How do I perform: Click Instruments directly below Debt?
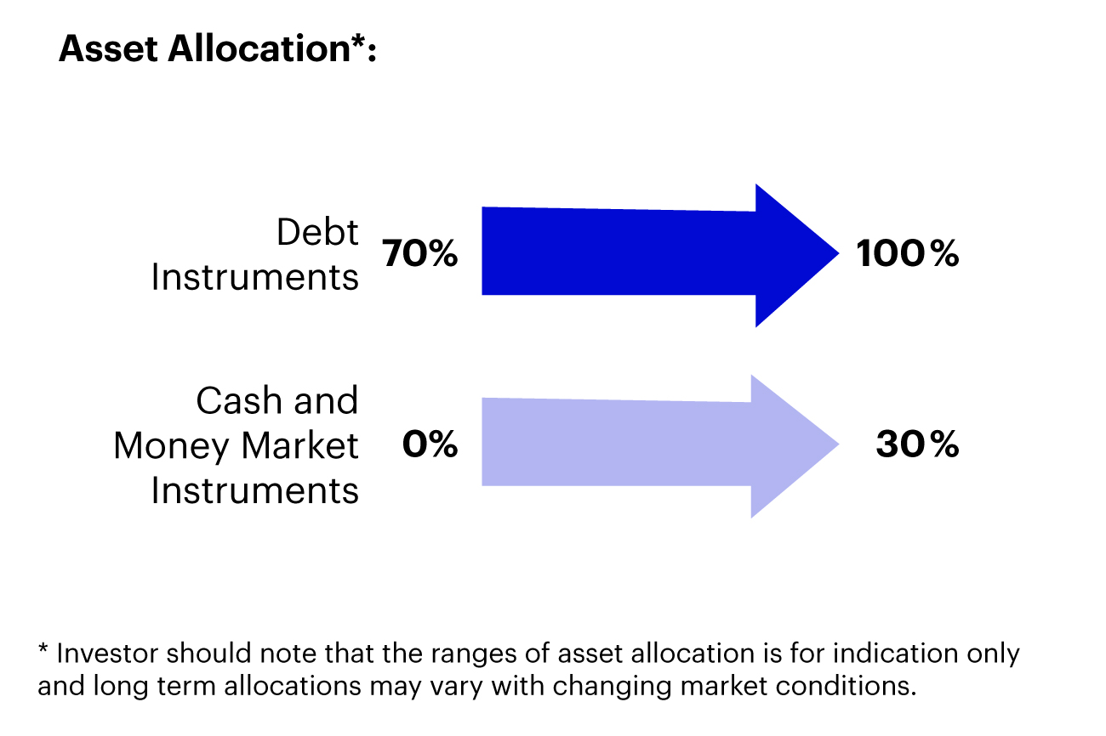[254, 277]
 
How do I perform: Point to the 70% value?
[419, 253]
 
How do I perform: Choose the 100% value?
[908, 253]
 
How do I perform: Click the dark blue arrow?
[659, 255]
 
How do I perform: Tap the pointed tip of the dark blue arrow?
[838, 253]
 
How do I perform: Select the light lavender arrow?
[659, 446]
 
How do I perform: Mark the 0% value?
[430, 444]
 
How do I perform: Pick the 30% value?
[917, 444]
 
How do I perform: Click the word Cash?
[239, 400]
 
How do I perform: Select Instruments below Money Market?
[254, 491]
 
